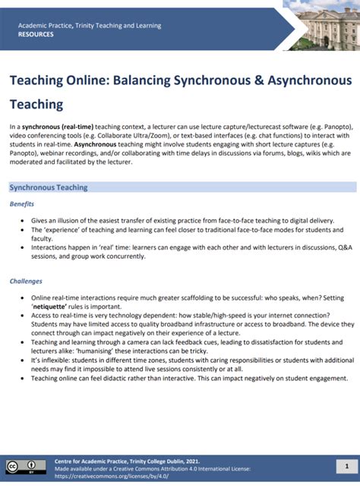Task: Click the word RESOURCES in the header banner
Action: coord(36,34)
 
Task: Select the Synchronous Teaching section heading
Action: coord(49,187)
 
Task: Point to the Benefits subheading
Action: coord(22,204)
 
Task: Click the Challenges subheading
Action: coord(26,281)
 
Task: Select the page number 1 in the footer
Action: coord(346,466)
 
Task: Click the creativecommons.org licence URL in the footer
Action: coord(112,476)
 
